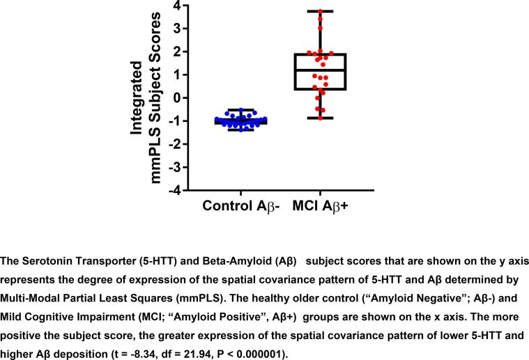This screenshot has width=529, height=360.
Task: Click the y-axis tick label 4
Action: tap(177, 6)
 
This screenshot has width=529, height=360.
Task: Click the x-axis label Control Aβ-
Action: tap(240, 206)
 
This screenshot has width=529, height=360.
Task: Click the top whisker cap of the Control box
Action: tap(240, 109)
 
